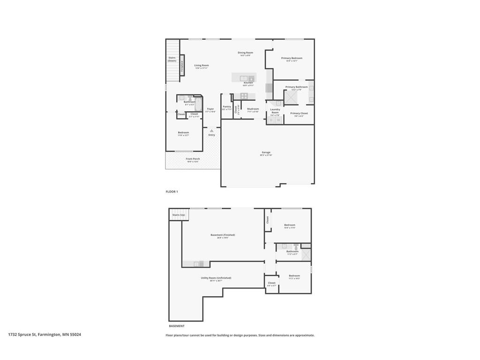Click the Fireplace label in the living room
[x=182, y=65]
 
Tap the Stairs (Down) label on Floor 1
[x=172, y=59]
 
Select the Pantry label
[x=227, y=107]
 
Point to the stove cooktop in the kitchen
[x=244, y=96]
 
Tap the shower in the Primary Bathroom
[x=292, y=97]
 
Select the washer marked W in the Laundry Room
[x=278, y=120]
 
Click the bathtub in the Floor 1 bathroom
[x=198, y=103]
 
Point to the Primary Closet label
[x=299, y=114]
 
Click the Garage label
[x=266, y=153]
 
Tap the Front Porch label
[x=193, y=159]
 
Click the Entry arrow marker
[x=211, y=131]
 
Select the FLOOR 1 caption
[x=172, y=192]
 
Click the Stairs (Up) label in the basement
[x=179, y=215]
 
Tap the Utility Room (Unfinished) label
[x=216, y=278]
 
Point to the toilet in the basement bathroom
[x=296, y=246]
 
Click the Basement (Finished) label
[x=223, y=235]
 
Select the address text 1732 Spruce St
[x=45, y=335]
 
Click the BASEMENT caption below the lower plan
[x=177, y=326]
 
